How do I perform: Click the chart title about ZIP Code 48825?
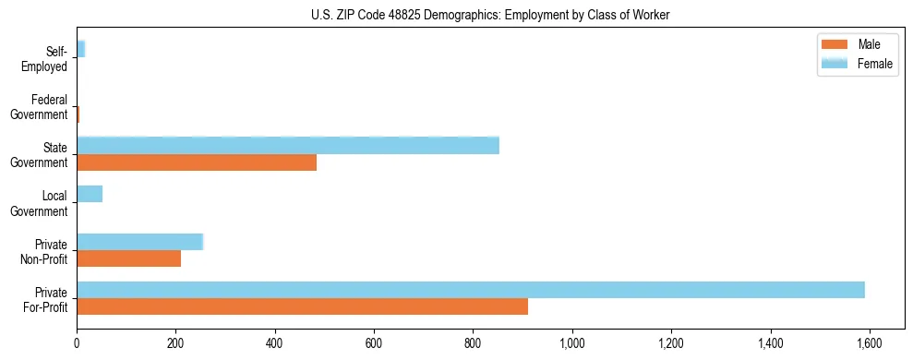(456, 15)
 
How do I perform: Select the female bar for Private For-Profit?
(471, 290)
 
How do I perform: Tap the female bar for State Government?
(288, 146)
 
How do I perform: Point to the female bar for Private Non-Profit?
(139, 242)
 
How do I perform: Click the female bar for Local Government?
(90, 194)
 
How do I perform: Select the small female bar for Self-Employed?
(81, 49)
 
